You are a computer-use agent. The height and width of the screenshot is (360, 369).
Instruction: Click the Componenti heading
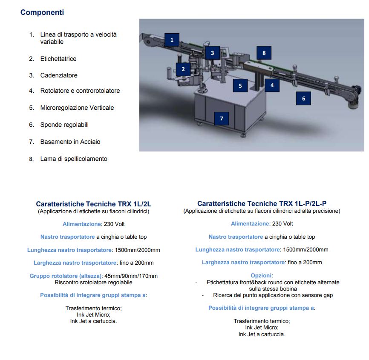coord(42,12)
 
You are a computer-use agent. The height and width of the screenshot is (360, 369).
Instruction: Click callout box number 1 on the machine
coord(172,40)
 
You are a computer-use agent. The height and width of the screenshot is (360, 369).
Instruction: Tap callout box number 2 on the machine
coord(183,69)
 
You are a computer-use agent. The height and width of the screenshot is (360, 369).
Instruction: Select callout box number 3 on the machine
coord(212,53)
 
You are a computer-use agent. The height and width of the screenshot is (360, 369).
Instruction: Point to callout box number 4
coord(272,85)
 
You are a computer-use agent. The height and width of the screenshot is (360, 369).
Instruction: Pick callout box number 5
coord(240,86)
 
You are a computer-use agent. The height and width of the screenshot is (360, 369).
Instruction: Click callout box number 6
coord(303,98)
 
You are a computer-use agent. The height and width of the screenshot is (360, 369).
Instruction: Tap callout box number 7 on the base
coord(222,118)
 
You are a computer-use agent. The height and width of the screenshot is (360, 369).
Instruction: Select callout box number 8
coord(264,53)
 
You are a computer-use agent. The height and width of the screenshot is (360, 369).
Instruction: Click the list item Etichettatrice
coord(58,59)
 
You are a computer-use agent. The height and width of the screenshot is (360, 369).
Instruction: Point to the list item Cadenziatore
coord(59,75)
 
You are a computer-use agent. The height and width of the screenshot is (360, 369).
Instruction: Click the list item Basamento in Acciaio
coord(70,142)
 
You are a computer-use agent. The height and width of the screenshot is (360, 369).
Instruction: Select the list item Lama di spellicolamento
coord(74,159)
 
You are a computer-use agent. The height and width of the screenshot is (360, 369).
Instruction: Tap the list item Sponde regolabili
coord(64,125)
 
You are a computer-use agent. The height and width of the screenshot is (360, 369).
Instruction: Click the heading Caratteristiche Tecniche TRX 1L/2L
coord(93,204)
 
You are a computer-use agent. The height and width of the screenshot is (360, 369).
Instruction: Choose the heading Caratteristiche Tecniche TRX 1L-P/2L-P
coord(262,204)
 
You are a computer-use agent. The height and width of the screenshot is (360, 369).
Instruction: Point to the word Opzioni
coord(262,276)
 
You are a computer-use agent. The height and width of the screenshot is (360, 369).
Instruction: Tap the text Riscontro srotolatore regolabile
coord(93,282)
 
